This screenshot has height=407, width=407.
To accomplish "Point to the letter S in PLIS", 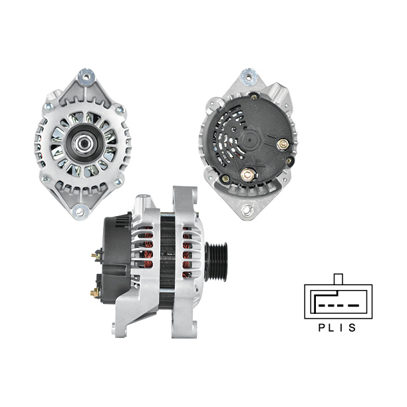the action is click(352, 328).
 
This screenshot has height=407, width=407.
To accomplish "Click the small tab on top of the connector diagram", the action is click(339, 279).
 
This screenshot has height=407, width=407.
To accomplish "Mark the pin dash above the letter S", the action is click(353, 305).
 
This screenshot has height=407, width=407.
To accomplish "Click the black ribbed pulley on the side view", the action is click(216, 261).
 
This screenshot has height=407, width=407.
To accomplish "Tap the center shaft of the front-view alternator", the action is click(84, 143).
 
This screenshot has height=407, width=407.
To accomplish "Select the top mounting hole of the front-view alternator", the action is click(86, 76).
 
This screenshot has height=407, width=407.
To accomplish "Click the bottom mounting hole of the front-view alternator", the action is click(80, 212).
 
